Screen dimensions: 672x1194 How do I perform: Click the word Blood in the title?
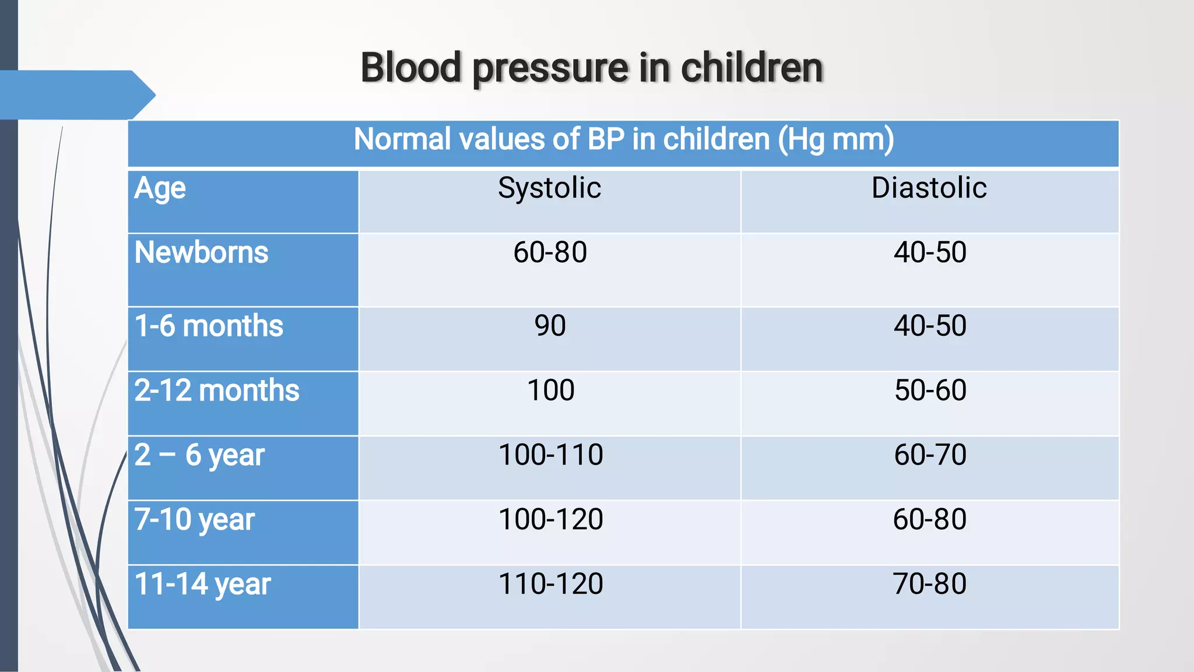coord(411,68)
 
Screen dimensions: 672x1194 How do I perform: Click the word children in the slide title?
coord(751,68)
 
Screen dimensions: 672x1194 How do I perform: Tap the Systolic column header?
coord(549,188)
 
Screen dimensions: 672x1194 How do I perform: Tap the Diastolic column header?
coord(929,188)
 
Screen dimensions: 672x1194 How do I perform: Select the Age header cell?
coord(160,189)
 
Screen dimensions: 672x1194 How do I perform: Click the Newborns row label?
coord(201,253)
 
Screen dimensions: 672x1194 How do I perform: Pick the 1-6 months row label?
coord(209,326)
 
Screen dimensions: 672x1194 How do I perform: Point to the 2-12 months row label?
coord(216,390)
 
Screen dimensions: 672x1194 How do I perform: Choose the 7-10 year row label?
coord(194,519)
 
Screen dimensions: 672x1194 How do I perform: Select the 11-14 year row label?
coord(202,584)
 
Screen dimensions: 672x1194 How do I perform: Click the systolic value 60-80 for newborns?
coord(550,253)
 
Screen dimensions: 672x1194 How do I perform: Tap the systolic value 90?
coord(550,326)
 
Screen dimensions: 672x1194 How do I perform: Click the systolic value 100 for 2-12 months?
coord(550,390)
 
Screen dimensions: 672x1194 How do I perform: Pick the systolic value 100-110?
coord(550,455)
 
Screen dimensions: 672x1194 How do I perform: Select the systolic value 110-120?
coord(550,584)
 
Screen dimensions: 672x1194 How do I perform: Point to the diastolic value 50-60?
coord(930,390)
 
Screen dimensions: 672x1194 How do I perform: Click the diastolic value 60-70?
coord(930,455)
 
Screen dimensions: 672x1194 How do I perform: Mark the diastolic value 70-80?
coord(929,584)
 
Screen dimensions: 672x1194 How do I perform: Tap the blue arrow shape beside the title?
coord(76,95)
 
